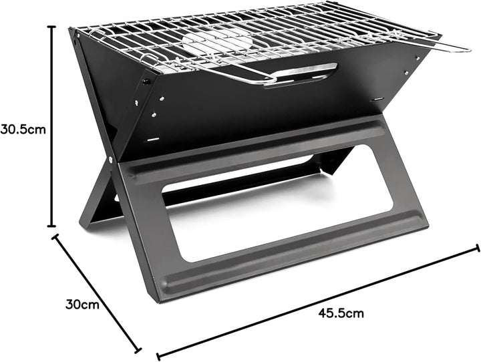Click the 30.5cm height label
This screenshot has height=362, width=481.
23,129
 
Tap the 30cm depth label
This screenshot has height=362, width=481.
82,305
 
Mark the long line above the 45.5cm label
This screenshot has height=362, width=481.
317,301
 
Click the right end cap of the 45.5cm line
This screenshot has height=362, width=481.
477,248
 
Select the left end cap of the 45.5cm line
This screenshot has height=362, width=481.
158,355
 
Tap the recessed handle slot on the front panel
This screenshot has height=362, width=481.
301,73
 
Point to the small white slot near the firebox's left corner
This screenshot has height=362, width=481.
153,140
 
